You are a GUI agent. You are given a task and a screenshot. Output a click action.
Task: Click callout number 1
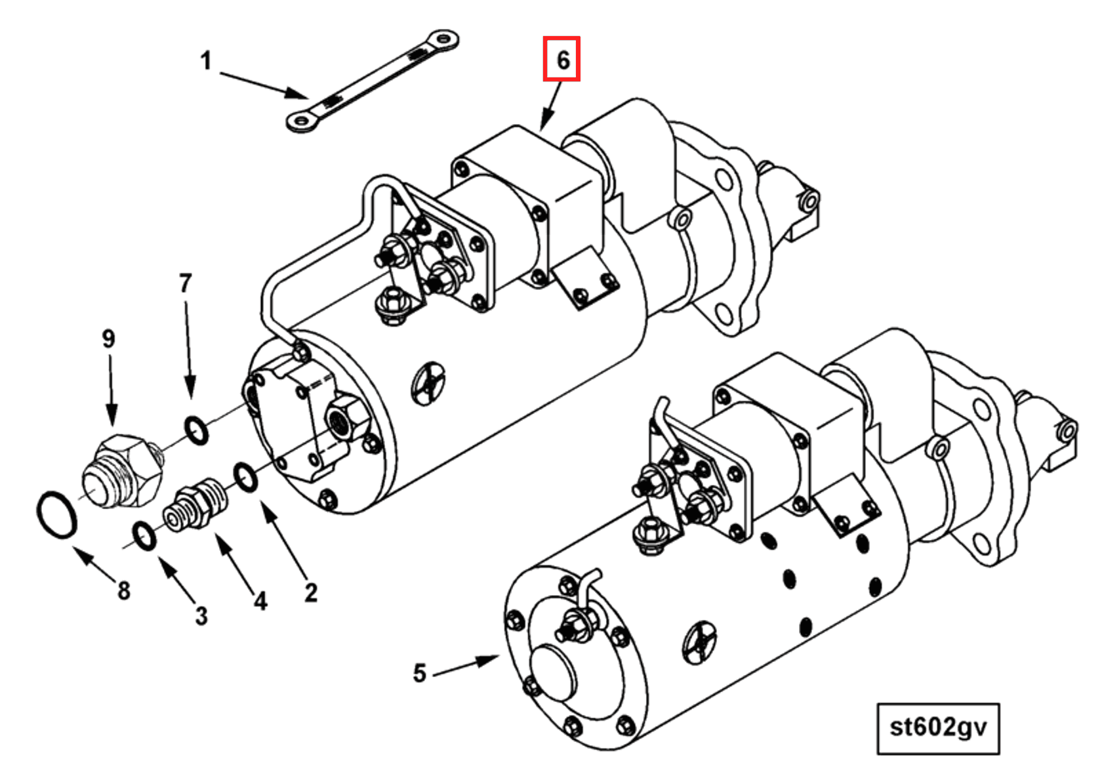206,61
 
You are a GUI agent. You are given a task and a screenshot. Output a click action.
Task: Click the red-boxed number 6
562,60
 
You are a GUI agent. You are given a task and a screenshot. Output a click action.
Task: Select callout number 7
186,283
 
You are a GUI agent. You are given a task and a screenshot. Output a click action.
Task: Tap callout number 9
109,339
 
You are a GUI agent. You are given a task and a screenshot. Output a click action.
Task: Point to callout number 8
123,590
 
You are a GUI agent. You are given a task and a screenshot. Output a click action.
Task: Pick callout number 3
201,616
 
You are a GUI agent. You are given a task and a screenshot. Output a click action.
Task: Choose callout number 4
260,601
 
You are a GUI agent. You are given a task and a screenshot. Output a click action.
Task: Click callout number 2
311,592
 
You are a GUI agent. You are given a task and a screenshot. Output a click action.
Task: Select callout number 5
420,673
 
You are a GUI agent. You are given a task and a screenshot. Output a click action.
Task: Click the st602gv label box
938,728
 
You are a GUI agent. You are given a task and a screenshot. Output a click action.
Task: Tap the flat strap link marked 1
372,81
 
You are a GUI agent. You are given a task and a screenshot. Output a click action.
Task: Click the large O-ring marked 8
56,514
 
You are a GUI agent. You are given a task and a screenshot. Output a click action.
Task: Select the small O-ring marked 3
144,535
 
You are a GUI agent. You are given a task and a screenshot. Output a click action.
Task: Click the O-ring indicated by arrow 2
245,477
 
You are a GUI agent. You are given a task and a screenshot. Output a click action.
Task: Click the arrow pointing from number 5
466,664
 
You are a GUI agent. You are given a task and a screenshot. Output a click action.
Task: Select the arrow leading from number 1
262,85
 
